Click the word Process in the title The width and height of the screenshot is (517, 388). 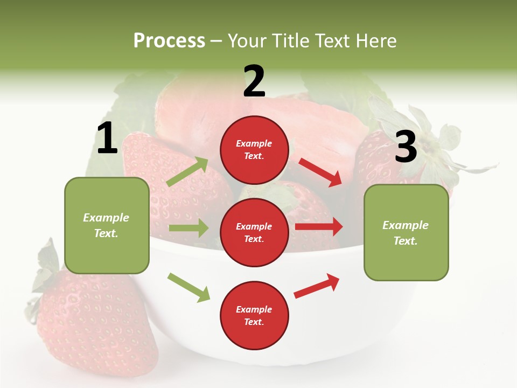click(169, 41)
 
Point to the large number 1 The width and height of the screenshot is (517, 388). click(107, 138)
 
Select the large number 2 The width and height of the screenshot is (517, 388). click(254, 82)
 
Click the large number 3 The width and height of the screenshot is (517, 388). click(406, 147)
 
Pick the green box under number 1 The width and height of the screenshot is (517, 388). click(107, 225)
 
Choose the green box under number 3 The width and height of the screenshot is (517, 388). click(406, 232)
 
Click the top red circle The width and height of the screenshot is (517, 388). click(254, 150)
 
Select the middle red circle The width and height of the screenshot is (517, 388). click(254, 232)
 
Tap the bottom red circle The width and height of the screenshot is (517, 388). click(254, 315)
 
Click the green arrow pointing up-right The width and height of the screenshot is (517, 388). click(187, 172)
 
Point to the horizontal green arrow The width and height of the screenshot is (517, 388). click(188, 228)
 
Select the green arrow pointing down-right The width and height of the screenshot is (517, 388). click(188, 287)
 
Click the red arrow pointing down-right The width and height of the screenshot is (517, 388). click(320, 172)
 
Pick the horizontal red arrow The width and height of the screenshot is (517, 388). click(319, 227)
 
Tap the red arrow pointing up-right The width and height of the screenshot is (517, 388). click(317, 286)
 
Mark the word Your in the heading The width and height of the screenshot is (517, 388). click(247, 41)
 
